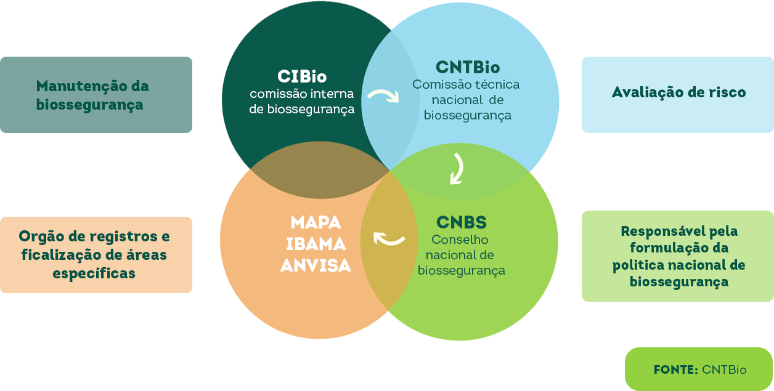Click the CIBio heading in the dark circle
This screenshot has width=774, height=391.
tap(302, 77)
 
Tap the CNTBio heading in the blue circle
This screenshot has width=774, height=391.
tap(468, 67)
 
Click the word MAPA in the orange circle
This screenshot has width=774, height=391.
tap(316, 222)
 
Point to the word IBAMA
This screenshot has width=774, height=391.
tap(316, 244)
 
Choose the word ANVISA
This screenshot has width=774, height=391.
tap(316, 265)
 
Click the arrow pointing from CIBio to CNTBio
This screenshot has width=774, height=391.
tap(383, 96)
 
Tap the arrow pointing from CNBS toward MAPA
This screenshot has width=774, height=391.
tap(389, 238)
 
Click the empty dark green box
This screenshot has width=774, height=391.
tap(96, 95)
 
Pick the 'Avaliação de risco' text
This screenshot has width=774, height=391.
tap(678, 93)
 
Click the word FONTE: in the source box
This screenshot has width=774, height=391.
tap(675, 370)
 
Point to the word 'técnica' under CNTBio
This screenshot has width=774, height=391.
tap(497, 84)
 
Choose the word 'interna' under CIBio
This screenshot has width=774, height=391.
tap(333, 94)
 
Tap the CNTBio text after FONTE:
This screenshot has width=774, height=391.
tap(724, 370)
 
